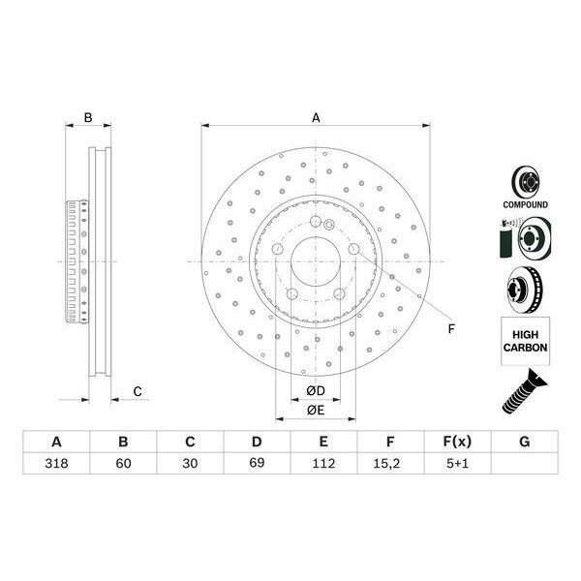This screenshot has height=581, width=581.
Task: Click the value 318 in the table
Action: (x=56, y=464)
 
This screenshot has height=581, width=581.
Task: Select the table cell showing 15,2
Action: (x=389, y=464)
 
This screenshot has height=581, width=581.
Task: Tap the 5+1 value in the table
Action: (x=457, y=464)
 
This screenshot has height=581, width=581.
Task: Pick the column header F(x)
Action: (x=457, y=442)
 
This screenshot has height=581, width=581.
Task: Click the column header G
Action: (x=524, y=442)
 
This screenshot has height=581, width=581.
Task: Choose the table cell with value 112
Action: (x=322, y=464)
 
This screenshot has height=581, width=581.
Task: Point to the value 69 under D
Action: (x=257, y=464)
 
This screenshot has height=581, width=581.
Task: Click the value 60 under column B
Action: (x=123, y=464)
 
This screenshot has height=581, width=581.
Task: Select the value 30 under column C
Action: (x=190, y=464)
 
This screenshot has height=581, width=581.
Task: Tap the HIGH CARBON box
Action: (x=526, y=341)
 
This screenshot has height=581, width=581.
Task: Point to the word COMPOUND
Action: (x=525, y=205)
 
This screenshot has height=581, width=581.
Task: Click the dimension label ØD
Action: (x=315, y=390)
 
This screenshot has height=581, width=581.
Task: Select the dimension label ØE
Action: (x=315, y=411)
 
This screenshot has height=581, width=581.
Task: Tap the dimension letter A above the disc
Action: (x=316, y=118)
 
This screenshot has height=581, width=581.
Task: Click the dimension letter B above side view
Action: (x=87, y=118)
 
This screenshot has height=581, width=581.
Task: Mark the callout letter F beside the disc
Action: (x=450, y=329)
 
